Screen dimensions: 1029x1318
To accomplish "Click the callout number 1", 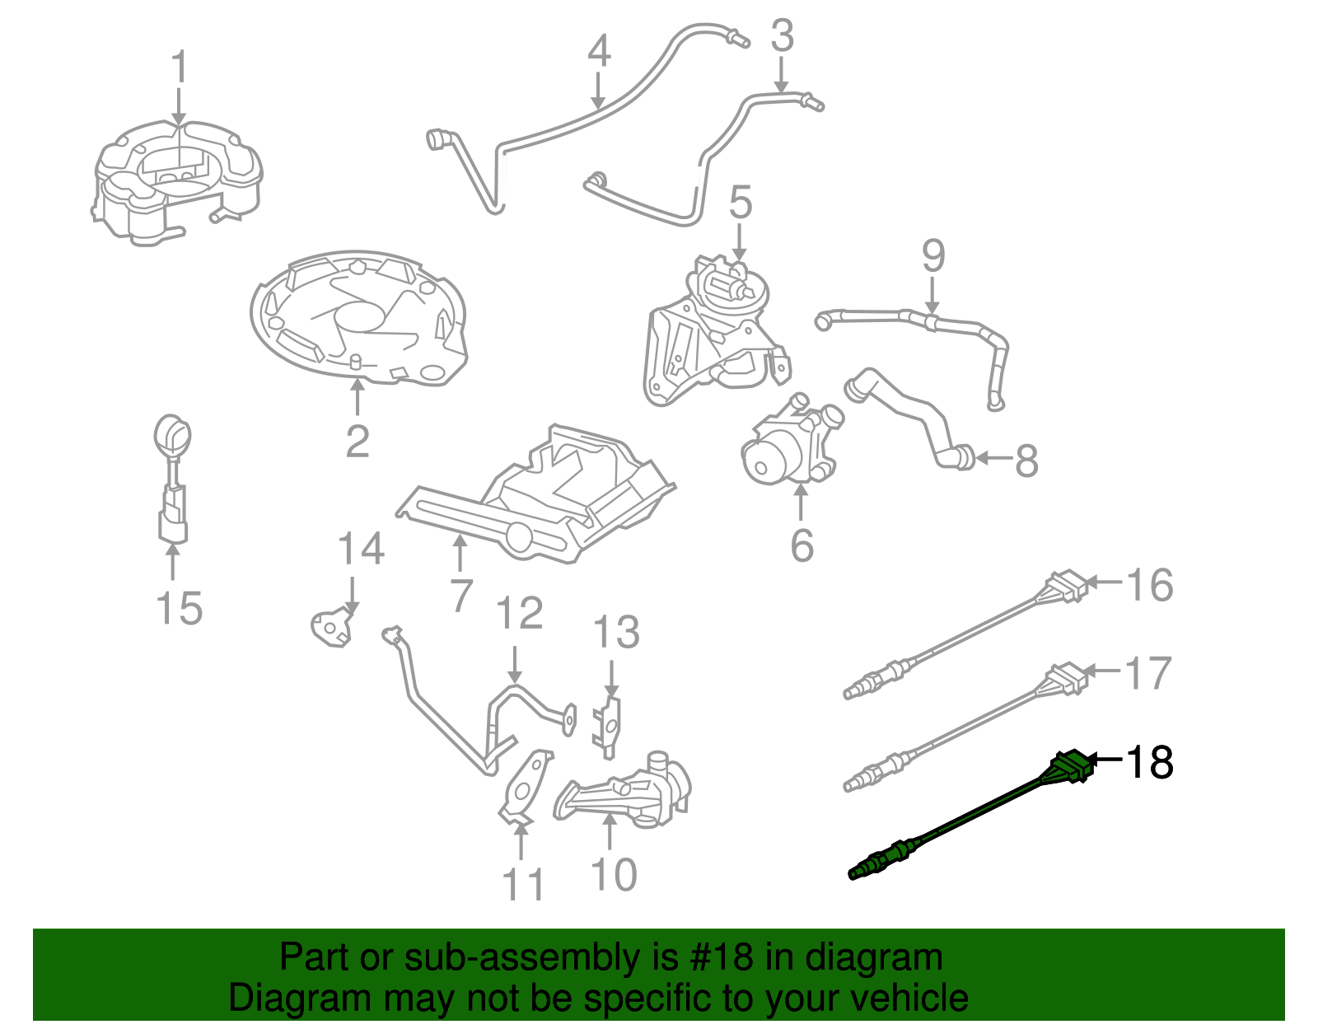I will click(x=179, y=68).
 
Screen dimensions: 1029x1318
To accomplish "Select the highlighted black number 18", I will click(x=1150, y=763).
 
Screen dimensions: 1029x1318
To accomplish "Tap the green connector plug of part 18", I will click(x=1070, y=767).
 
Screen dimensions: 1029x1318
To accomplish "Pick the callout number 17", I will click(x=1148, y=673).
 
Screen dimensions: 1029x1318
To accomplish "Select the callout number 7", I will click(x=461, y=595).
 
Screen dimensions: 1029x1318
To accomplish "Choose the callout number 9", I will click(x=932, y=257).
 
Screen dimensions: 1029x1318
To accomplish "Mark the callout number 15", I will click(x=179, y=609).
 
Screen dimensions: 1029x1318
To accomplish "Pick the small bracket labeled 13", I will click(x=608, y=722).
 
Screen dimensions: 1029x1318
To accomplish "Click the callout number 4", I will click(x=599, y=51).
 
